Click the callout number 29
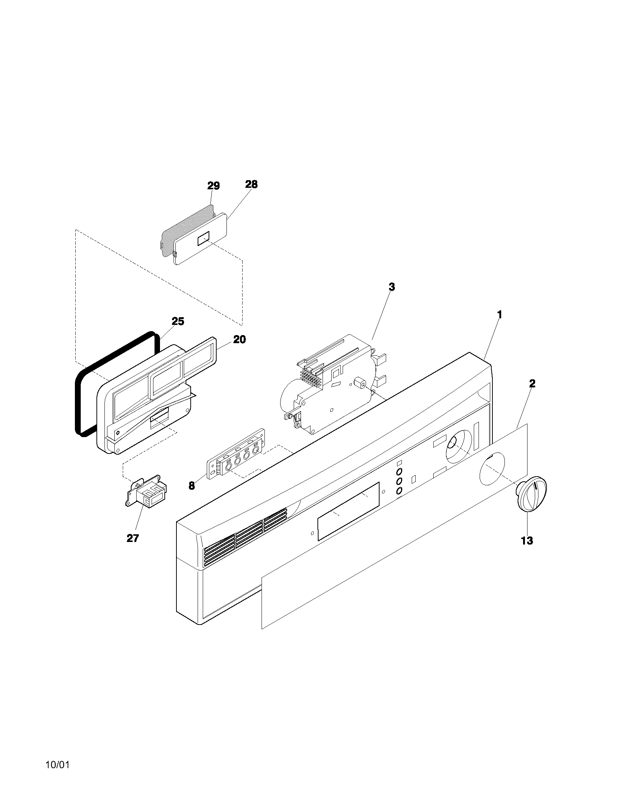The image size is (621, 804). pyautogui.click(x=213, y=186)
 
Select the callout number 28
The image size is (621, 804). pyautogui.click(x=251, y=184)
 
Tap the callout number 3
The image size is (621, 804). pyautogui.click(x=392, y=287)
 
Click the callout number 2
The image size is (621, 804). pyautogui.click(x=532, y=384)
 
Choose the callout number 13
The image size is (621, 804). pyautogui.click(x=527, y=541)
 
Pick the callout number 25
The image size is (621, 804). pyautogui.click(x=178, y=321)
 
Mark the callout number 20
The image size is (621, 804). pyautogui.click(x=239, y=340)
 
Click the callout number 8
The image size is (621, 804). pyautogui.click(x=191, y=486)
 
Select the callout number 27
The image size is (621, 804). pyautogui.click(x=133, y=538)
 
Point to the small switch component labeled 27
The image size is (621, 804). pyautogui.click(x=147, y=492)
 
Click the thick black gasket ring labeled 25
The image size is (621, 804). pyautogui.click(x=78, y=405)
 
